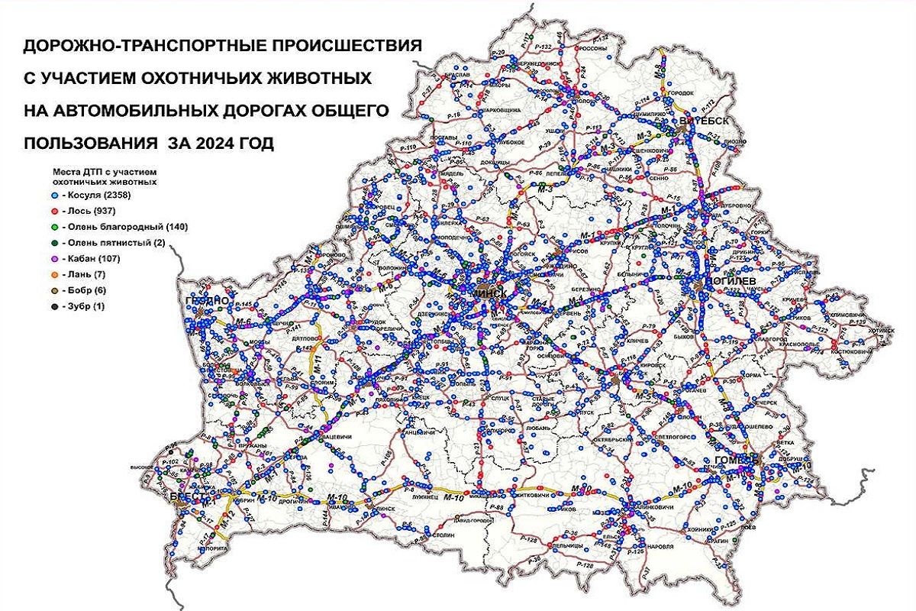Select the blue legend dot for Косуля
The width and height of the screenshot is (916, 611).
pos(56,196)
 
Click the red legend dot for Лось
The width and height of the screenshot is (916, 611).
pos(56,212)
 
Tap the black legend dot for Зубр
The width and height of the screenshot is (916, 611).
pos(56,306)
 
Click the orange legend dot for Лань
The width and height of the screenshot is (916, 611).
pos(56,275)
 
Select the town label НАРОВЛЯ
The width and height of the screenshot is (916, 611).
pos(660,548)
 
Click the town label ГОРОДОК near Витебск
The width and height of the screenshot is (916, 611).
pos(682,93)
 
